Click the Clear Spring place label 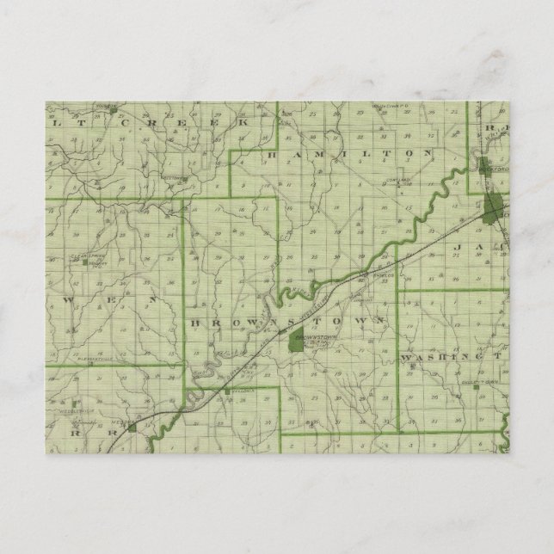pyautogui.click(x=86, y=255)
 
